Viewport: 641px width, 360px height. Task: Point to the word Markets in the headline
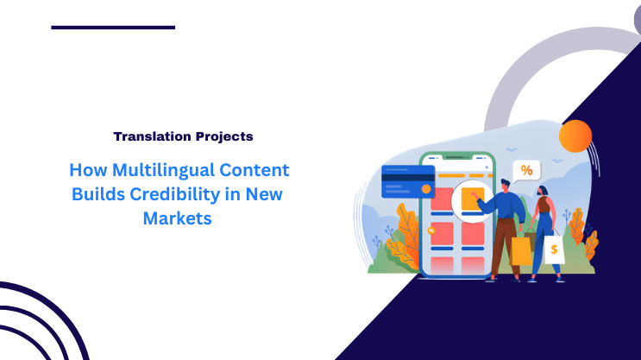click(x=177, y=218)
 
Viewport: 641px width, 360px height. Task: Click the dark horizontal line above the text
click(x=113, y=28)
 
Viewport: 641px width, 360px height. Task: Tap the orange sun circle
click(x=575, y=136)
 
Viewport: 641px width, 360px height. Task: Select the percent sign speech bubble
click(x=525, y=170)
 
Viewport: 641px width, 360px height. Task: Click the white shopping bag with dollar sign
click(x=554, y=249)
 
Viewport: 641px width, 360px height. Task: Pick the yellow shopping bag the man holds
click(x=522, y=250)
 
